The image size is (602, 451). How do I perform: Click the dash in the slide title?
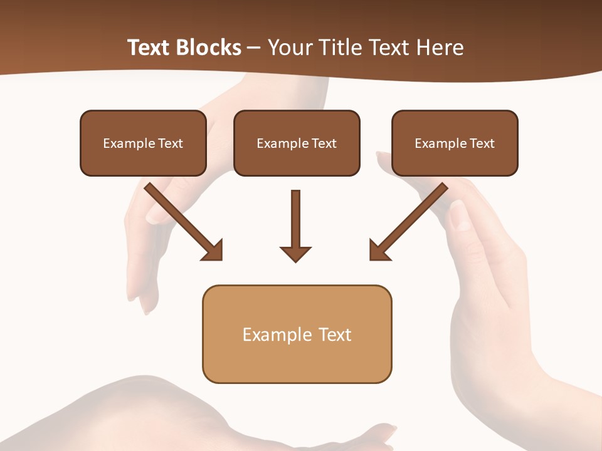coord(254,48)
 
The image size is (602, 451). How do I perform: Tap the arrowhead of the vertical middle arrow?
coord(295,254)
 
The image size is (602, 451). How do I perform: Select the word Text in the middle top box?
coord(324,143)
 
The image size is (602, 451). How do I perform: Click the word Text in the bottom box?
coord(335,334)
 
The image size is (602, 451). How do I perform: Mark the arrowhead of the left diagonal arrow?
coord(214,251)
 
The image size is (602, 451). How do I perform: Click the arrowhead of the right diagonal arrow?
coord(378,251)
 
